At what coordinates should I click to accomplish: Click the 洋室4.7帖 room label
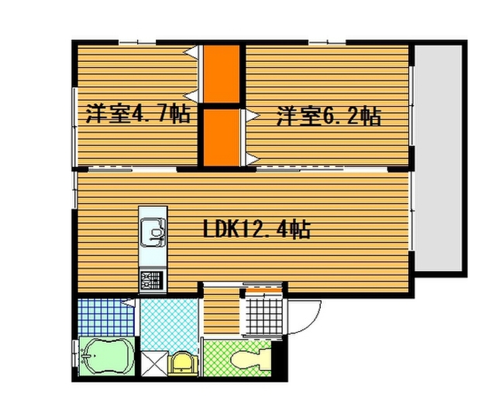[x=138, y=114]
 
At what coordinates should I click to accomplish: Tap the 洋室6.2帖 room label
[x=329, y=116]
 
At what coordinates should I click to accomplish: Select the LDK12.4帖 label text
[x=257, y=229]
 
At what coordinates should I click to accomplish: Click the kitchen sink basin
[x=153, y=233]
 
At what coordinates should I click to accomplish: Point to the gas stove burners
[x=153, y=280]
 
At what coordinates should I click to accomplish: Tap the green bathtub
[x=105, y=357]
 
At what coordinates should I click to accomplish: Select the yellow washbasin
[x=183, y=364]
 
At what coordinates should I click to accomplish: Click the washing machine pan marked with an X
[x=153, y=364]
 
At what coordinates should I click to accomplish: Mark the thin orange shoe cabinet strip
[x=263, y=290]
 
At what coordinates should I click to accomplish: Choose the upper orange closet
[x=222, y=74]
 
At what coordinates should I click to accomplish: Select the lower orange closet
[x=222, y=138]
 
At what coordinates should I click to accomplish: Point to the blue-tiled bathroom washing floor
[x=106, y=317]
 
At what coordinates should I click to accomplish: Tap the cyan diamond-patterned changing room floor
[x=170, y=324]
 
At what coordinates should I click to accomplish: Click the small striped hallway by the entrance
[x=222, y=310]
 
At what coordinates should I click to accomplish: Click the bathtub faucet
[x=86, y=357]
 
